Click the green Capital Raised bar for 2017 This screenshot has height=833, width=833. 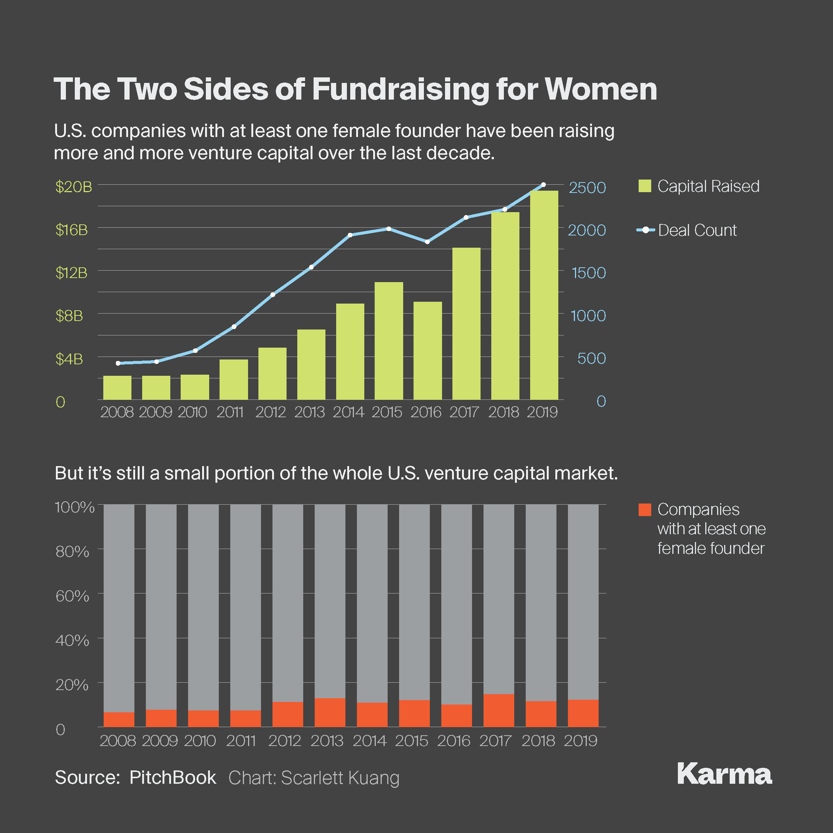coord(466,323)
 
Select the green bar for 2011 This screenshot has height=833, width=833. coord(233,379)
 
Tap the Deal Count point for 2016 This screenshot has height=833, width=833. coord(427,242)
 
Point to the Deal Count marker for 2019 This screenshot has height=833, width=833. coord(543,184)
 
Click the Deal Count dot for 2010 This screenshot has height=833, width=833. coord(195,351)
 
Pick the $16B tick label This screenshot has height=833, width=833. coord(71,230)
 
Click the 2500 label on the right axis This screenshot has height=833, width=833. coord(587,188)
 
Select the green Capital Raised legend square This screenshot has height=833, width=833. coord(645,186)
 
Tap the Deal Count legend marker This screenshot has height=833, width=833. coord(645,230)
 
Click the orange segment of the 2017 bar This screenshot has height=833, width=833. coord(498,710)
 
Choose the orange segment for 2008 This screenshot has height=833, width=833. coord(118,719)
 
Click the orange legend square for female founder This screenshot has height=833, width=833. coord(645,510)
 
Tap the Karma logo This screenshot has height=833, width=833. coord(725,775)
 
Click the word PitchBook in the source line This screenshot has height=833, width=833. coord(173,777)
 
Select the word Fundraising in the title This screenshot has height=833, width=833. coord(401,90)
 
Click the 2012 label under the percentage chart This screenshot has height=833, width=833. coord(285,741)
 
